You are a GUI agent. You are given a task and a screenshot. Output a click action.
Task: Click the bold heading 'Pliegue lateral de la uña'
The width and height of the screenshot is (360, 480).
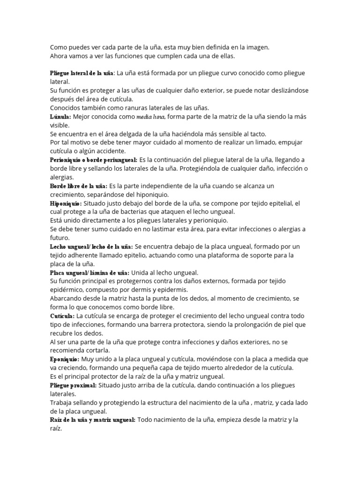click(x=82, y=73)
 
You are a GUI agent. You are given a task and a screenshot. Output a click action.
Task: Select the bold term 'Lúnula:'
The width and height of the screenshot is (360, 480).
click(x=60, y=117)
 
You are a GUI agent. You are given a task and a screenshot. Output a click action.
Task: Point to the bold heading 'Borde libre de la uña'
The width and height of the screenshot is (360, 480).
click(x=78, y=186)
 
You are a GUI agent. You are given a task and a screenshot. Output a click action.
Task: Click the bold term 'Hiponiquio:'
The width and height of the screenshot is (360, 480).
click(x=66, y=203)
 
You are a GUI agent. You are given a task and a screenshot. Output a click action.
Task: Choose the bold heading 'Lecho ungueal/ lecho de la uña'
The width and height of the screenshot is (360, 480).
click(x=91, y=247)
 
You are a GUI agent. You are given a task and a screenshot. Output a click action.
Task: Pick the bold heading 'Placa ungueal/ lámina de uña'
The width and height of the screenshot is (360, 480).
click(x=90, y=273)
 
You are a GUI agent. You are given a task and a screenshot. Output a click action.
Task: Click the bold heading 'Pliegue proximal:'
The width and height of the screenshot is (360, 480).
click(x=73, y=385)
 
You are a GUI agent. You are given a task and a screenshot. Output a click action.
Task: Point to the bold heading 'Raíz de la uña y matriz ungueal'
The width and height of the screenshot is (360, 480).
click(x=93, y=420)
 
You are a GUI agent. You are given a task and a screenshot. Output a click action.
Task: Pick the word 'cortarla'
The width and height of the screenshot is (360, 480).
click(x=99, y=351)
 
